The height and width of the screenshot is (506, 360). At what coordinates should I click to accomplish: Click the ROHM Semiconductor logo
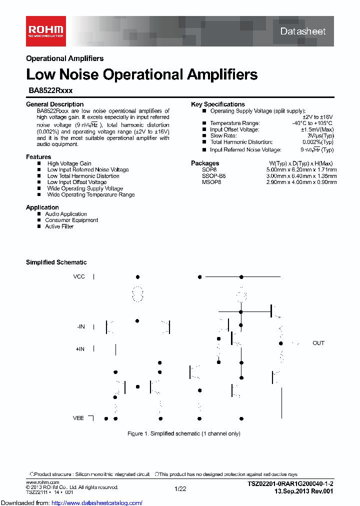pyautogui.click(x=45, y=30)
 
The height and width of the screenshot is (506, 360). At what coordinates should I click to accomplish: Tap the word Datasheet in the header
pyautogui.click(x=302, y=31)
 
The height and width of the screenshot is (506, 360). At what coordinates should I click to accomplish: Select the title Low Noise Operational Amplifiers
pyautogui.click(x=141, y=74)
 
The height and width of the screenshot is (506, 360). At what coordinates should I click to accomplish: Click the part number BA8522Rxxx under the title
pyautogui.click(x=49, y=91)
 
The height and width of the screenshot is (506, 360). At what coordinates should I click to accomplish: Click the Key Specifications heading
pyautogui.click(x=218, y=104)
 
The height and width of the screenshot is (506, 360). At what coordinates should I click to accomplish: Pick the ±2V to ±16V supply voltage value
pyautogui.click(x=317, y=117)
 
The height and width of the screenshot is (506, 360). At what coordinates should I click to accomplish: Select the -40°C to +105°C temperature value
pyautogui.click(x=312, y=123)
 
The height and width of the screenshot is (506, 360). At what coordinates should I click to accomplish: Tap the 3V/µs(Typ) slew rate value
pyautogui.click(x=320, y=135)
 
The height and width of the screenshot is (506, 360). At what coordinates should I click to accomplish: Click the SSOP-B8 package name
pyautogui.click(x=213, y=176)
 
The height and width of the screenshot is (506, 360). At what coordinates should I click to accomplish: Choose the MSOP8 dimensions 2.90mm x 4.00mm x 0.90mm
pyautogui.click(x=301, y=182)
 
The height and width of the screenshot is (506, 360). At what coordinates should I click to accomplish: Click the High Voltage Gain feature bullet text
pyautogui.click(x=69, y=163)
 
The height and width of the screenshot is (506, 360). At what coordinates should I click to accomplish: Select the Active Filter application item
pyautogui.click(x=59, y=226)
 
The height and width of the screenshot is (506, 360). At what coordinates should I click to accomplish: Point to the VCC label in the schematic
pyautogui.click(x=79, y=276)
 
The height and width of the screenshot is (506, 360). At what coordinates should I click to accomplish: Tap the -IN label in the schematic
pyautogui.click(x=80, y=326)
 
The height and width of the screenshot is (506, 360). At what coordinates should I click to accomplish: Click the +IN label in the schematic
pyautogui.click(x=80, y=349)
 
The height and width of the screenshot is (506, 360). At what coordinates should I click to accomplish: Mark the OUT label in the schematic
pyautogui.click(x=318, y=343)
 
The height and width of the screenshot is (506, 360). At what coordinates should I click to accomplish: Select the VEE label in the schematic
pyautogui.click(x=78, y=417)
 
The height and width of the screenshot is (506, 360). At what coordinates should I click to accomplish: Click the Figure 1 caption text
pyautogui.click(x=183, y=433)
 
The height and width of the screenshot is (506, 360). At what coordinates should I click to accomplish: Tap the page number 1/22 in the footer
pyautogui.click(x=180, y=488)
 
